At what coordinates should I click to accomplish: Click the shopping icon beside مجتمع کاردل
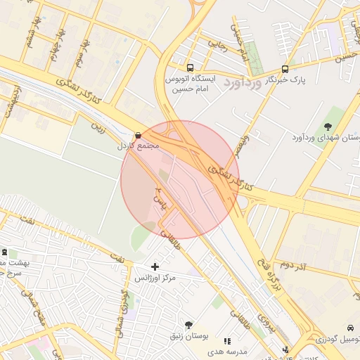click(137, 135)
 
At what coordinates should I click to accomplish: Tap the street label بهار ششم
click(32, 28)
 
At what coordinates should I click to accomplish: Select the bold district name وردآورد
click(243, 83)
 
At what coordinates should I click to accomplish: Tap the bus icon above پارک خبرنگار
click(284, 69)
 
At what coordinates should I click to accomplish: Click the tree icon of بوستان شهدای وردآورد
click(328, 126)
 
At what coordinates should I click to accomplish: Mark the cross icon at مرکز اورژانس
click(155, 266)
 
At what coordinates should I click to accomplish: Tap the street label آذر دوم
click(296, 265)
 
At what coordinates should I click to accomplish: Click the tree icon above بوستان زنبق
click(188, 325)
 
